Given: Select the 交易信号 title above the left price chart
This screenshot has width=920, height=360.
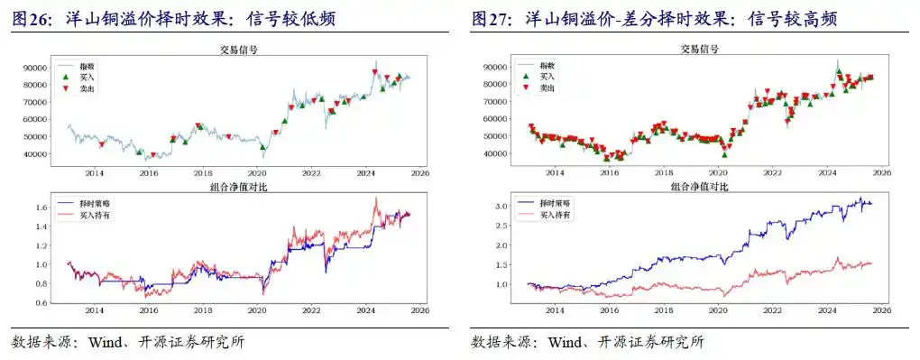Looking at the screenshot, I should pos(238,51).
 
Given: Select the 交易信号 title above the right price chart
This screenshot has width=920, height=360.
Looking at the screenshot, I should pos(698,51).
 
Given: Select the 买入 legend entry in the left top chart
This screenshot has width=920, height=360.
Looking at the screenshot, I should pos(88,78).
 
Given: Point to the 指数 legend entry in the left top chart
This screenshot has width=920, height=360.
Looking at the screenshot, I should pos(88,67).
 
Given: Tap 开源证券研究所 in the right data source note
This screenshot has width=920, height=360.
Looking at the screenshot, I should pos(651,343).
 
